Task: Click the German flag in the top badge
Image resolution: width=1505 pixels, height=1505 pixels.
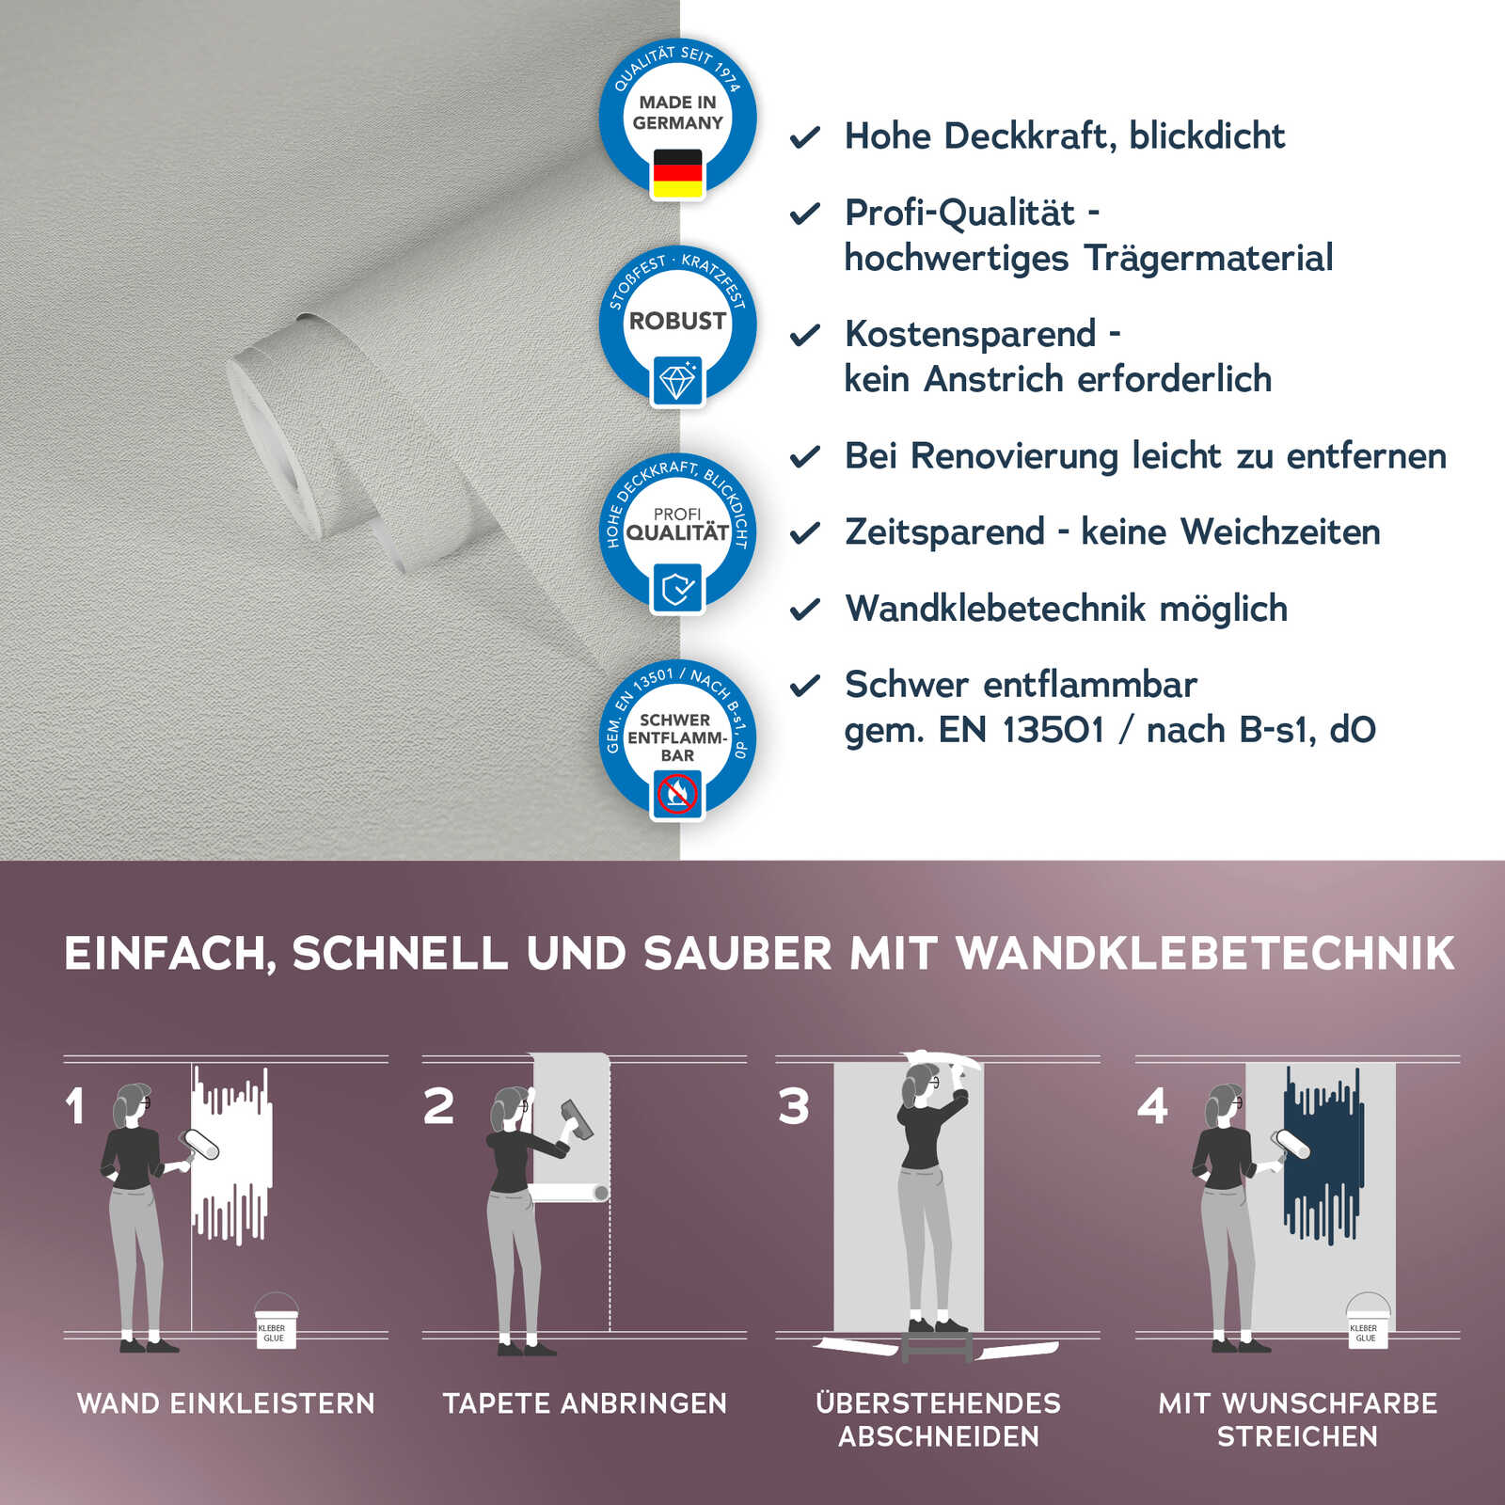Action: [677, 174]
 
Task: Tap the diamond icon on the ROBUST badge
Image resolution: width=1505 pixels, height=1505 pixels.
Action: [677, 382]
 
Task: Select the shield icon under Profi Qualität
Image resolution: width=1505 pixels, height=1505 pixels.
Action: [677, 589]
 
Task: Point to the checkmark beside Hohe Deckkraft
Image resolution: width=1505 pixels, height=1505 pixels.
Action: [805, 138]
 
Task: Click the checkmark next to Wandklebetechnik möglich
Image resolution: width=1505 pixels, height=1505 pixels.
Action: [805, 610]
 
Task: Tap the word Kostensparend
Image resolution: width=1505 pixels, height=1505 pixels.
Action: [970, 335]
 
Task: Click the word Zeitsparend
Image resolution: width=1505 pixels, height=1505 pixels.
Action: [943, 532]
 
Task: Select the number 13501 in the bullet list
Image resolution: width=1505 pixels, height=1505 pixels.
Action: [1053, 730]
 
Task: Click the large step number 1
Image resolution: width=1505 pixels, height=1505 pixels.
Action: [76, 1106]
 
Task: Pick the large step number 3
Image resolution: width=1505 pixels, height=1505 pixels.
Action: [794, 1106]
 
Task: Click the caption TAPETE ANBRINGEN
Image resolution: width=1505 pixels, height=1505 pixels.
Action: [585, 1403]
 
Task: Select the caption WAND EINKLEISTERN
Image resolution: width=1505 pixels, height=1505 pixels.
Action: [226, 1403]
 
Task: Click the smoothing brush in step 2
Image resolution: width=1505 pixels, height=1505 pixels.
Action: [577, 1119]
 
